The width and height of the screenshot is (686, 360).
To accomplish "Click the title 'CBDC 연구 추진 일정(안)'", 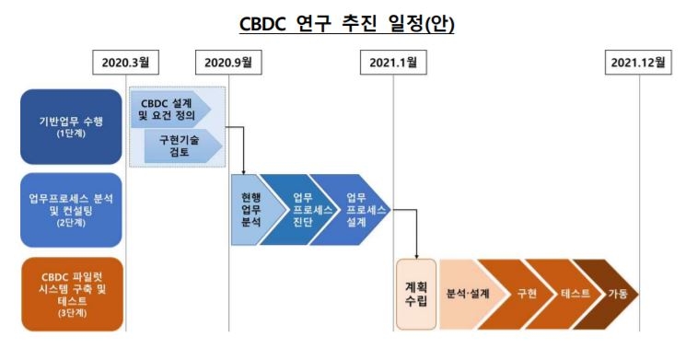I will tap(343, 22).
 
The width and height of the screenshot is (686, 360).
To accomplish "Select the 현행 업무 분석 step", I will tap(249, 210).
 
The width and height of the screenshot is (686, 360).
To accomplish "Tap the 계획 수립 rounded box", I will tap(415, 294).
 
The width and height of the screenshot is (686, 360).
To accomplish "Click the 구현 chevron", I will tap(526, 294).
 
